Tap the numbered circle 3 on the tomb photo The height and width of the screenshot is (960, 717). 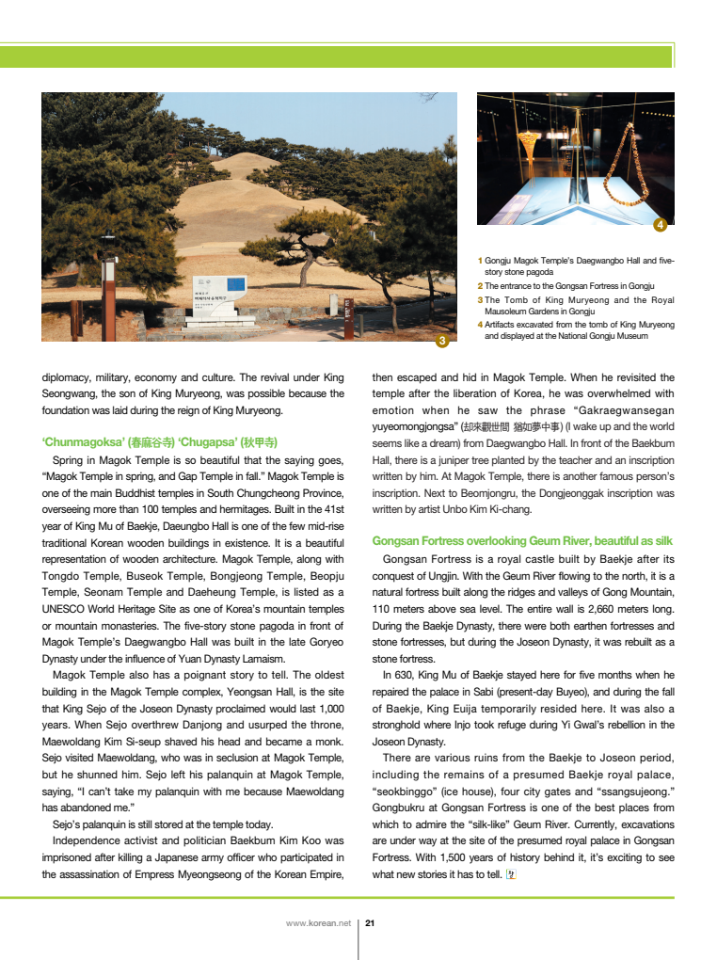442,340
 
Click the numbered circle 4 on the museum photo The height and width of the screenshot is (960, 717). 660,224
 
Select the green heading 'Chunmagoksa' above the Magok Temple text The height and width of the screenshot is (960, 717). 160,441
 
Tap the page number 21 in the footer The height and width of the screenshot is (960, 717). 370,922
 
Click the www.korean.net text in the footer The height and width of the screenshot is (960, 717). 318,922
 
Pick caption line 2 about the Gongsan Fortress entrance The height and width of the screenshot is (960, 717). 568,285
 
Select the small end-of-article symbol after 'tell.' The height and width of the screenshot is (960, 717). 512,874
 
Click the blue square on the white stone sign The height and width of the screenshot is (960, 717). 232,284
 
